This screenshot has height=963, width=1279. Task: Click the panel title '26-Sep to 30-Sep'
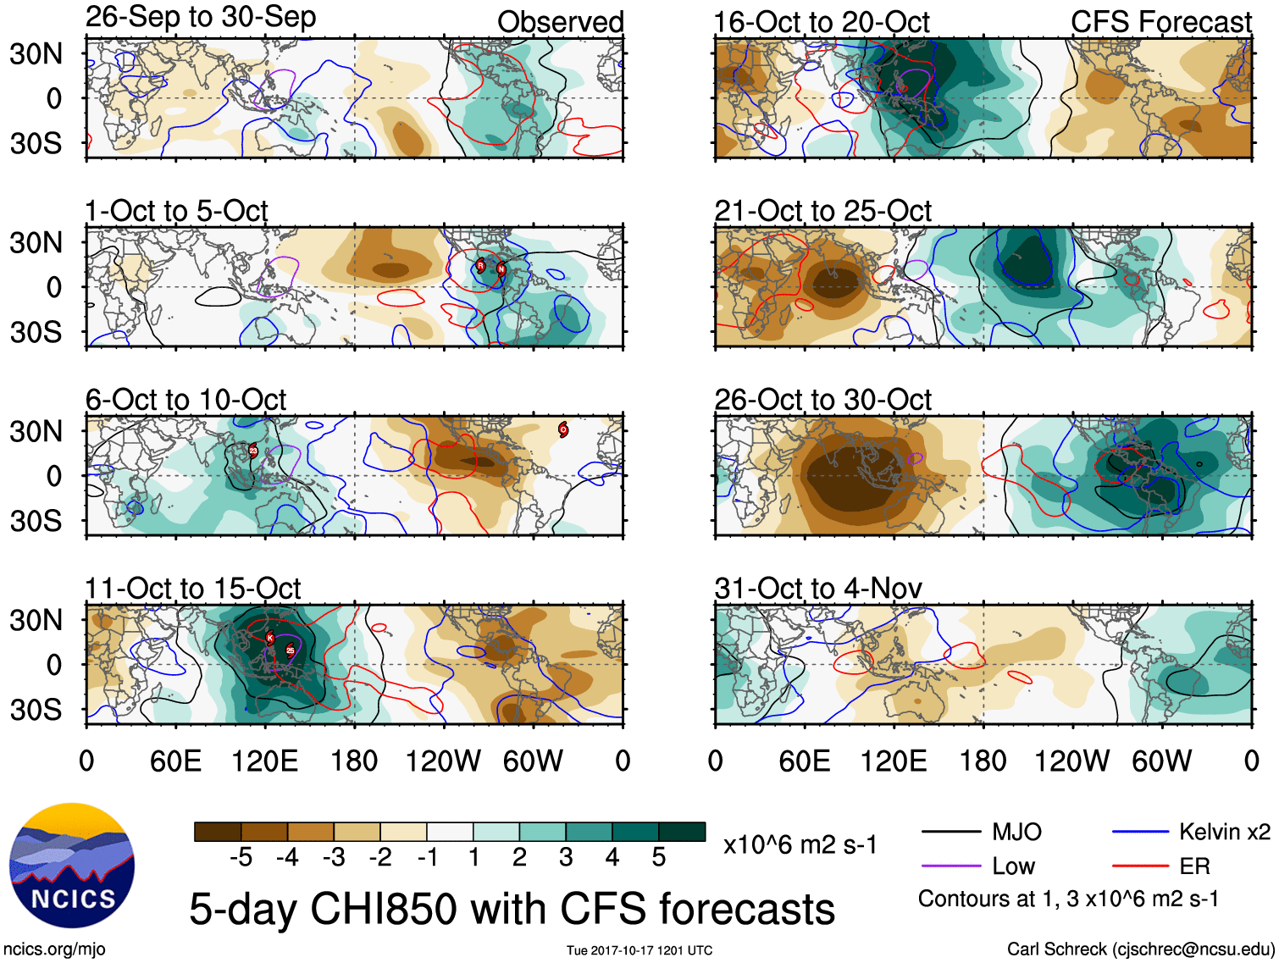[x=201, y=17]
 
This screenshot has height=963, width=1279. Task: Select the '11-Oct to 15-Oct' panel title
[x=193, y=588]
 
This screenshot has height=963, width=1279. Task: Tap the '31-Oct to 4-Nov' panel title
[x=818, y=588]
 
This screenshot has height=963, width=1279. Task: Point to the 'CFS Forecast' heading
[x=1160, y=22]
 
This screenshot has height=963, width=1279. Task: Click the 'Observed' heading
[x=560, y=22]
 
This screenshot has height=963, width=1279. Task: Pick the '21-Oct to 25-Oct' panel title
[x=822, y=210]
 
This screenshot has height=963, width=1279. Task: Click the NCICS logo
[x=72, y=865]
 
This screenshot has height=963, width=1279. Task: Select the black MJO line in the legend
[x=950, y=832]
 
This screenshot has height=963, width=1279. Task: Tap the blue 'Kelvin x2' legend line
[x=1140, y=832]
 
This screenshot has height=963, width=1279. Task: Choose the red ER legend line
[x=1140, y=866]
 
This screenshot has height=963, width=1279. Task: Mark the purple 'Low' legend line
[x=950, y=866]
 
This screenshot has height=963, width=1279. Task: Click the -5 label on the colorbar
[x=241, y=858]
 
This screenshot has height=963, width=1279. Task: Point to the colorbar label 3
[x=566, y=858]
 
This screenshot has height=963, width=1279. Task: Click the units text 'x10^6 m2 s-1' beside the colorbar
[x=800, y=844]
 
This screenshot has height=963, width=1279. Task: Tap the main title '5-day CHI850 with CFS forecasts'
[x=512, y=909]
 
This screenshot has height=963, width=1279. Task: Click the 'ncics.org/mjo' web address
[x=54, y=949]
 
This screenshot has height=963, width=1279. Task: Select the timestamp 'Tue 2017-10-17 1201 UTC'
[x=639, y=950]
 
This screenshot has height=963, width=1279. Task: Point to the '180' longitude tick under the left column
[x=354, y=761]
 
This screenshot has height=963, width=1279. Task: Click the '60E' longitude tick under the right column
[x=804, y=761]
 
